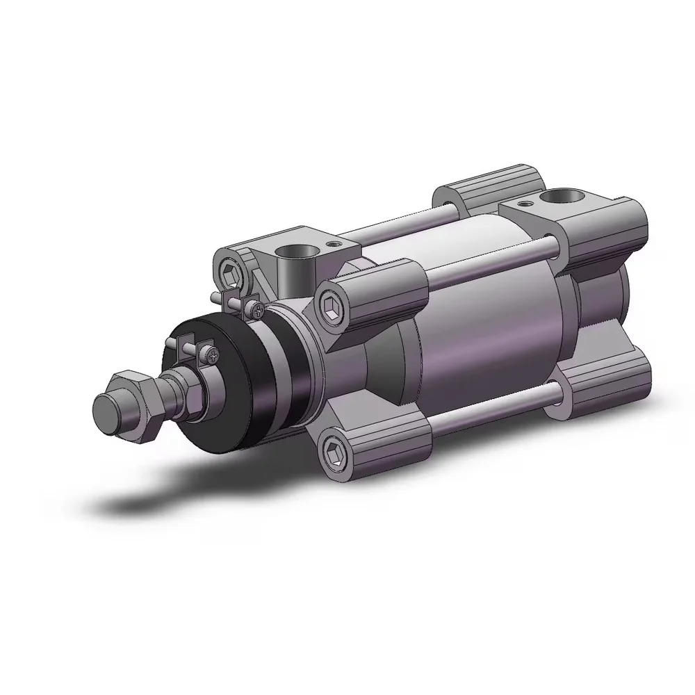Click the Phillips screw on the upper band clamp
(x=257, y=310)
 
